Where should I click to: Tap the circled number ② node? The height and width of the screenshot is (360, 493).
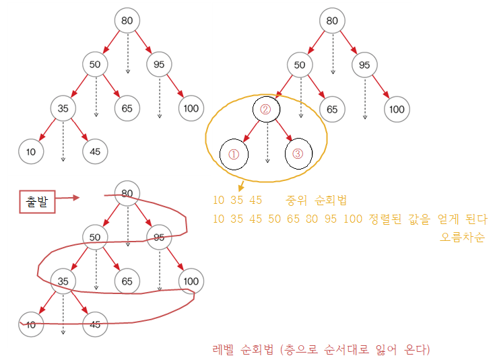pos(265,109)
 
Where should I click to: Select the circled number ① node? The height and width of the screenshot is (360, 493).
pos(234,154)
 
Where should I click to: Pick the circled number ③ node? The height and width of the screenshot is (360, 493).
pos(298,154)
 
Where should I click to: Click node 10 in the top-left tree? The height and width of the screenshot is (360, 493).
pos(31,151)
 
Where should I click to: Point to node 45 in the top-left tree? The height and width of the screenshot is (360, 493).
pos(95,151)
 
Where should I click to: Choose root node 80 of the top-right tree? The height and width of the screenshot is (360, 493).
pos(332,21)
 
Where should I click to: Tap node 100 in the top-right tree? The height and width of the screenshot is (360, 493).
pos(397,109)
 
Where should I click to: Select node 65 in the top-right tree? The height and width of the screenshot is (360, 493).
pos(332,109)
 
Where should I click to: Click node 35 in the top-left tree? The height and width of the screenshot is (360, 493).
pos(63,108)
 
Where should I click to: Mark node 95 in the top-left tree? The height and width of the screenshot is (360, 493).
pos(160,65)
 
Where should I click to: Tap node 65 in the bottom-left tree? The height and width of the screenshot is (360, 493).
pos(127,281)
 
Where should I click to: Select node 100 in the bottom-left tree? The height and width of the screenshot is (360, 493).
pos(191,281)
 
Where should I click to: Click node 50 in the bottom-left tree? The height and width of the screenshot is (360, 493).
pos(95,237)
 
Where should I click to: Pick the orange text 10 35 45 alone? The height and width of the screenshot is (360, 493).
pos(237,201)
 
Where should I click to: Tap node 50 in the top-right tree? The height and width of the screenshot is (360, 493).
pos(300,65)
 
